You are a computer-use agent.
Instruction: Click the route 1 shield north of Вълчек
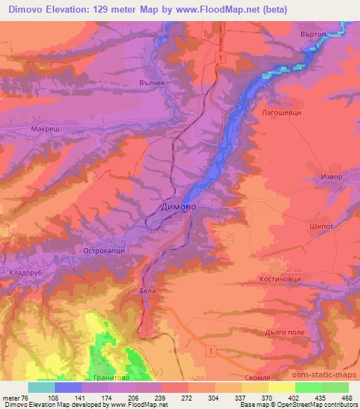click(x=221, y=56)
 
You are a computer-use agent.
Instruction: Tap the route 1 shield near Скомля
click(x=210, y=350)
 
